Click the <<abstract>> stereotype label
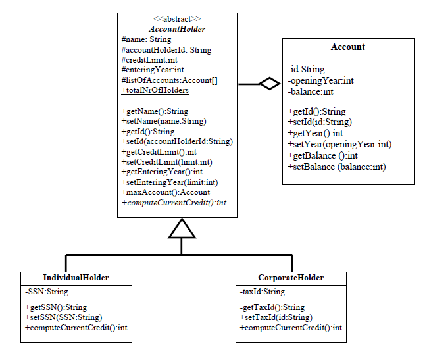tap(177, 19)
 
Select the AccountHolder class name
tap(177, 29)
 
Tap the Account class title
tap(348, 47)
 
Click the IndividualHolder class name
tap(76, 278)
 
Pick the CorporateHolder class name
tap(291, 278)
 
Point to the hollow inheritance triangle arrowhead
tap(182, 228)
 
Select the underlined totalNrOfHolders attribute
tap(155, 90)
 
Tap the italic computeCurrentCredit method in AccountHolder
tap(174, 202)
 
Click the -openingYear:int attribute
tap(320, 80)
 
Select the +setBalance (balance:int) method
tap(336, 167)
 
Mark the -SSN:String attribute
tap(46, 292)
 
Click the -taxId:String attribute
tap(262, 292)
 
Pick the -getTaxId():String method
tap(272, 307)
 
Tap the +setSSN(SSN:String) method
tap(63, 317)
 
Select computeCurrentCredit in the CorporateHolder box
tap(291, 327)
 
